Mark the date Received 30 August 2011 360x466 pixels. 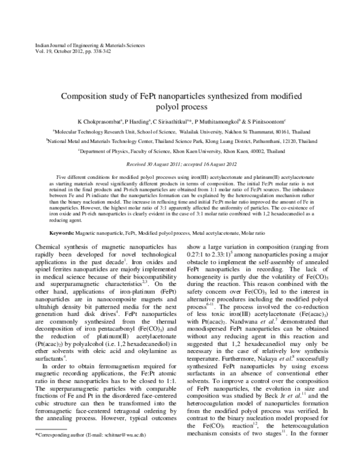153,163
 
